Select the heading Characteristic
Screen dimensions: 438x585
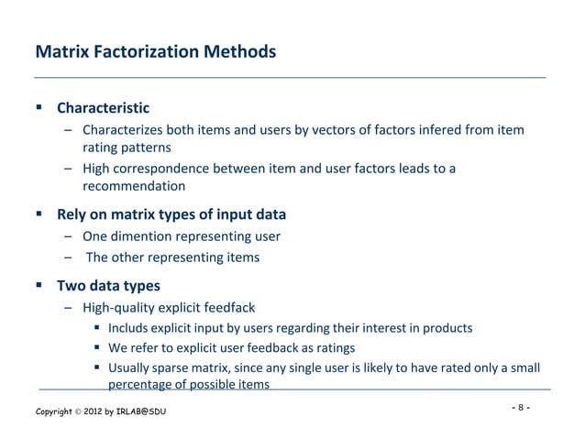(103, 109)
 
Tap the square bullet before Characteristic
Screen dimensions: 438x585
(39, 109)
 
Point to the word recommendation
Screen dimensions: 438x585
(134, 186)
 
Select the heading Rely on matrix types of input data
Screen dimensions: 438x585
(171, 215)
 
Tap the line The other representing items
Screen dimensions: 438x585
(172, 257)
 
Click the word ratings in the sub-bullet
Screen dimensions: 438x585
(334, 348)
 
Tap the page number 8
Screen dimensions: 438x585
(520, 406)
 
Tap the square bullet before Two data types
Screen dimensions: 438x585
(39, 286)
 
